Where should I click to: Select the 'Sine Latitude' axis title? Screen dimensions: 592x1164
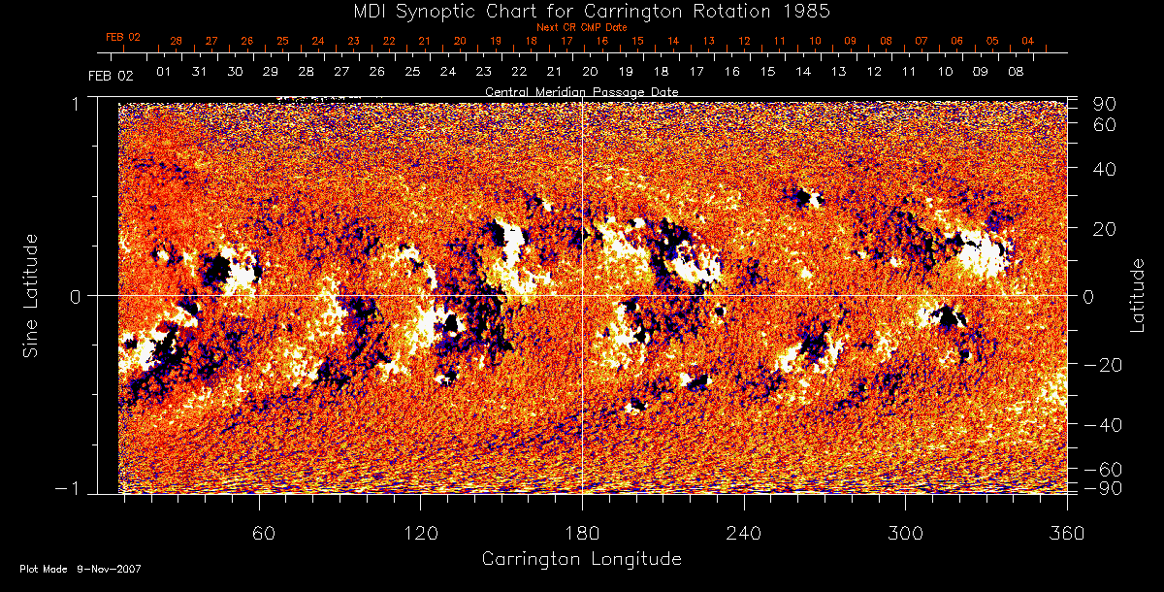pos(30,294)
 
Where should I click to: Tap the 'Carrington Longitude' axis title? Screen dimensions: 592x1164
pos(581,559)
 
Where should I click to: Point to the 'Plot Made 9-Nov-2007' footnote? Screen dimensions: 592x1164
pos(81,569)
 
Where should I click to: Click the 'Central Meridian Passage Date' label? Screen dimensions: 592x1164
pos(581,91)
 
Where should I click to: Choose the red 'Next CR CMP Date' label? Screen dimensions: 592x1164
pos(581,27)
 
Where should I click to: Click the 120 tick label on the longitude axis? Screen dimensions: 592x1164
pos(421,533)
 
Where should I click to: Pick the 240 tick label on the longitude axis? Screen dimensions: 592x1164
pos(744,533)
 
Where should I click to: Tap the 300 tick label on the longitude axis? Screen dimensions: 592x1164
pos(905,533)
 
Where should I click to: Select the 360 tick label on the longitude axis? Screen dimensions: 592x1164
pos(1067,533)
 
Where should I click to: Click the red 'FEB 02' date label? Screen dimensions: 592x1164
pos(123,37)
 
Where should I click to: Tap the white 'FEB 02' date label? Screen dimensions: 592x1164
pos(110,75)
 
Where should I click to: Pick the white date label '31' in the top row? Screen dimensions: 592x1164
pos(200,72)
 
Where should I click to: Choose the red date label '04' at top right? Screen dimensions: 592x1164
pos(1027,41)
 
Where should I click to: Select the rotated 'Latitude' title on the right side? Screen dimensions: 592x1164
pos(1138,294)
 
